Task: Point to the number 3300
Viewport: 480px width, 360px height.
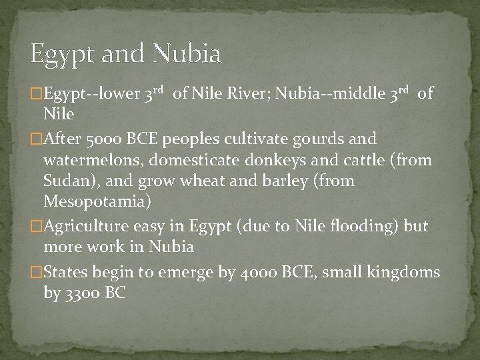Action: [x=83, y=292]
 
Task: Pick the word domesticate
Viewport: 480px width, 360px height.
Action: [x=211, y=160]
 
